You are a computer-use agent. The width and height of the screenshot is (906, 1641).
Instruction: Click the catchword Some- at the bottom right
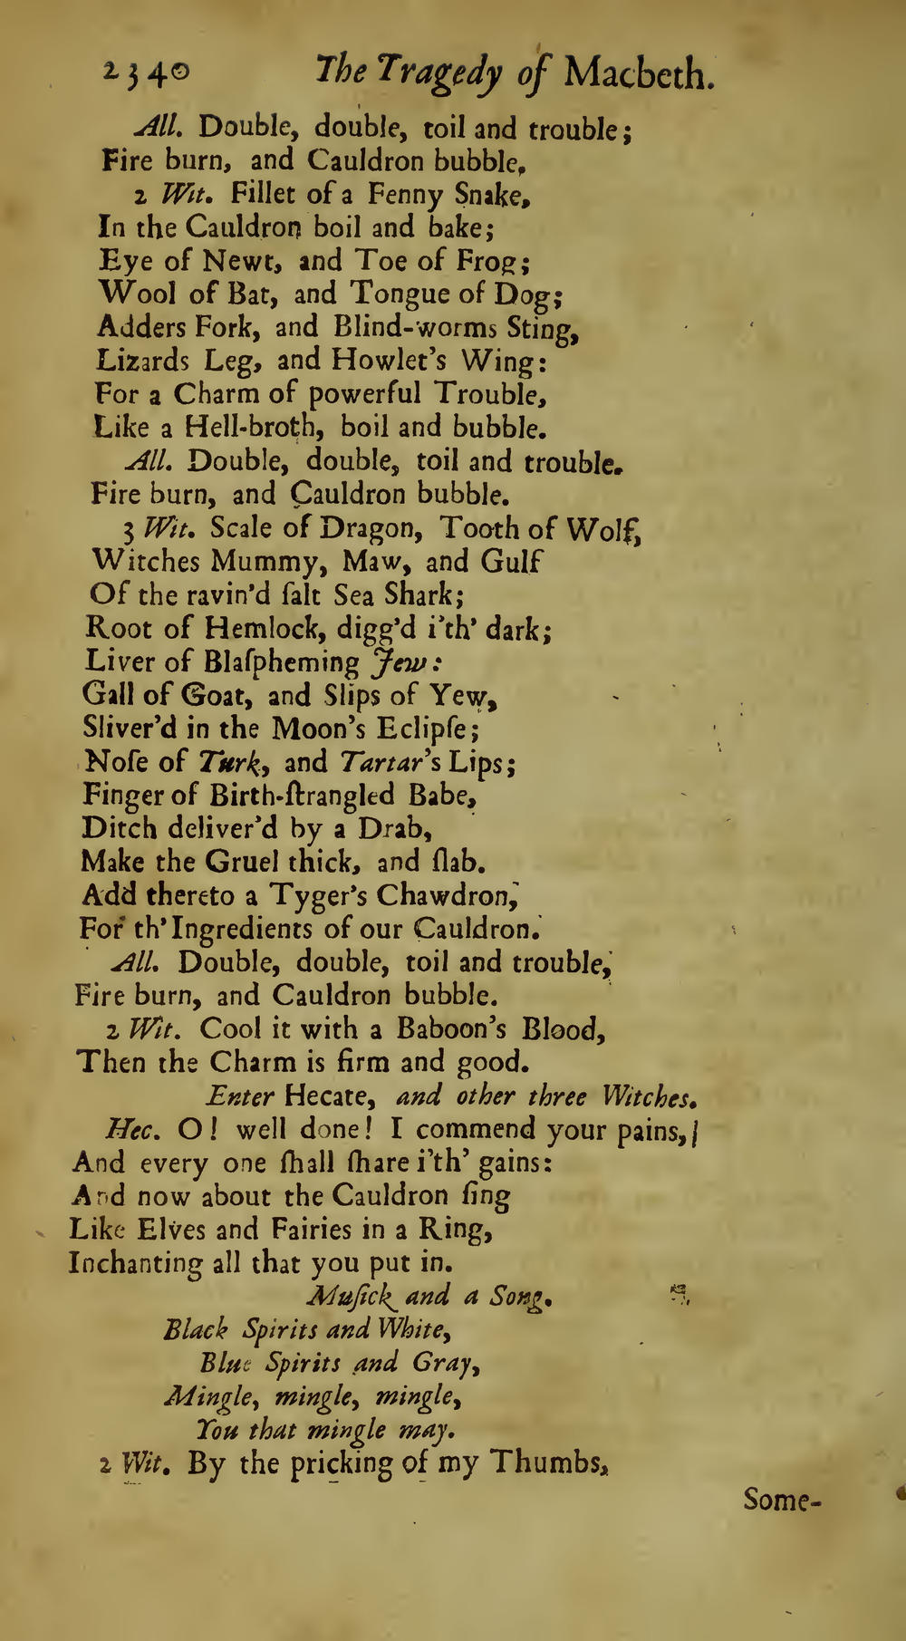click(780, 1501)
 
